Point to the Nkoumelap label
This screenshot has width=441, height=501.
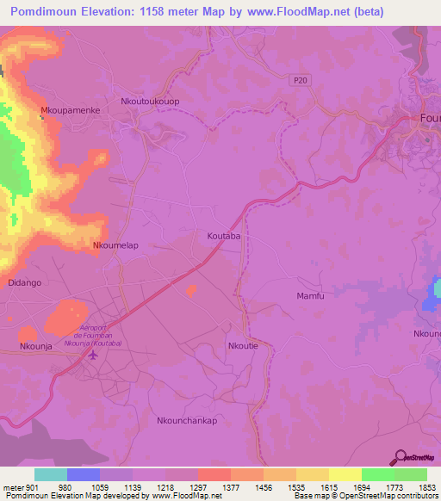tap(115, 245)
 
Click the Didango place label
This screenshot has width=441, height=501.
tap(24, 282)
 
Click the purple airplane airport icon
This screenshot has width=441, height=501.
tap(94, 357)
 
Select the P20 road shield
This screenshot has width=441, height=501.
tap(298, 78)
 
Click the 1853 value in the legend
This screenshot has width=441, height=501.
tap(425, 486)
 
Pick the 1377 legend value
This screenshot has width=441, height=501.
tap(230, 486)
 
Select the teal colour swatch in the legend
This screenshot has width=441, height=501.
tap(50, 474)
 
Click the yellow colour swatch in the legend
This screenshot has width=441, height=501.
tap(345, 474)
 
